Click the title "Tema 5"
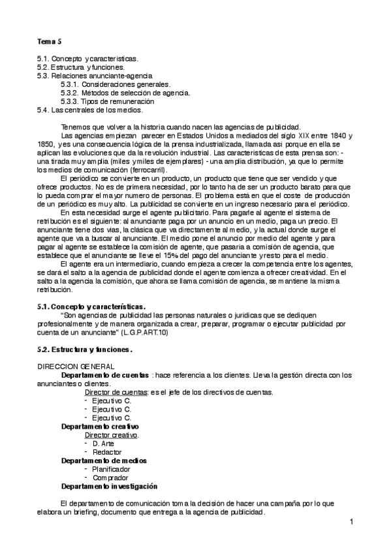(49, 41)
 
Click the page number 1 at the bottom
(351, 521)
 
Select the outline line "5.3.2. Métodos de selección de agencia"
(125, 93)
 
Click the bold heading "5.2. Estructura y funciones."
(85, 350)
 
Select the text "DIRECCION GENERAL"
(76, 367)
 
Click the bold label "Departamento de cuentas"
(104, 375)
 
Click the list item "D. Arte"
(103, 443)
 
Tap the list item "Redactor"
(106, 451)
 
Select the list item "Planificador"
(111, 468)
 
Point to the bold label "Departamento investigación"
(109, 486)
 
